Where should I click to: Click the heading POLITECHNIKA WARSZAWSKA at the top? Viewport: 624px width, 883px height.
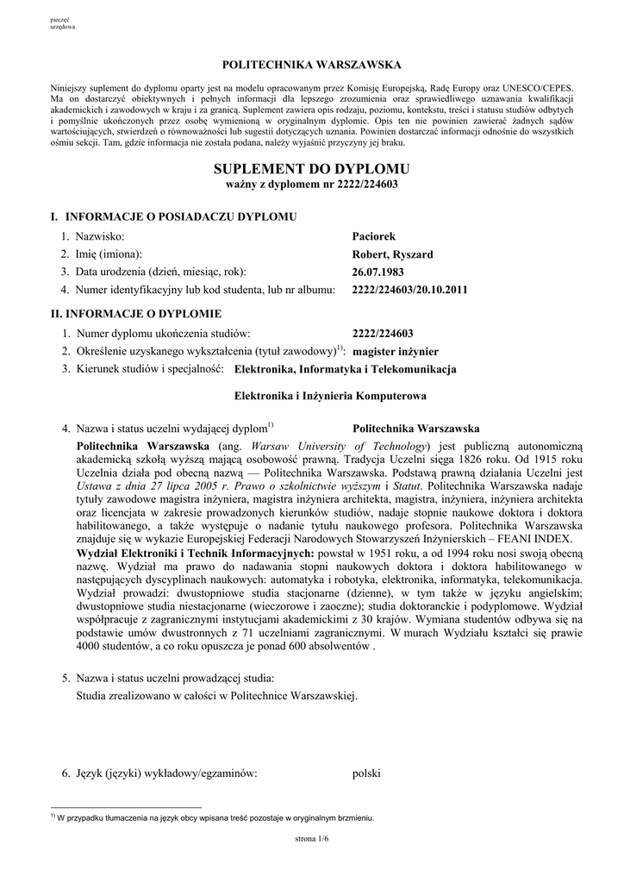pyautogui.click(x=311, y=66)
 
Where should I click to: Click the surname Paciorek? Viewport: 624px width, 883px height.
pyautogui.click(x=374, y=235)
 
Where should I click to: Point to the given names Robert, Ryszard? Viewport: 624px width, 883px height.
pyautogui.click(x=392, y=254)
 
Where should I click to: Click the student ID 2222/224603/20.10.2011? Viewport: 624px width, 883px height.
pyautogui.click(x=410, y=290)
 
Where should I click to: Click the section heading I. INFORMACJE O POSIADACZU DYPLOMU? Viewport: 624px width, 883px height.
pyautogui.click(x=173, y=216)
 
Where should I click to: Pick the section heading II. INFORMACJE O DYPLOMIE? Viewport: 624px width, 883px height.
pyautogui.click(x=137, y=313)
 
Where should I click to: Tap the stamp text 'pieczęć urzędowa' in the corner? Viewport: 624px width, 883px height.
pyautogui.click(x=63, y=23)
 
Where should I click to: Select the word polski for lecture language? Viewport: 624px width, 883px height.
pyautogui.click(x=366, y=773)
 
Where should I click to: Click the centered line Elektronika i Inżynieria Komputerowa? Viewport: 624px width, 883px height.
pyautogui.click(x=331, y=397)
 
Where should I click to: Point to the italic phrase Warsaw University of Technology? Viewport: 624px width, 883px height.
pyautogui.click(x=340, y=446)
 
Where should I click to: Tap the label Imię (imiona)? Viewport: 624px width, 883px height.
pyautogui.click(x=109, y=254)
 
